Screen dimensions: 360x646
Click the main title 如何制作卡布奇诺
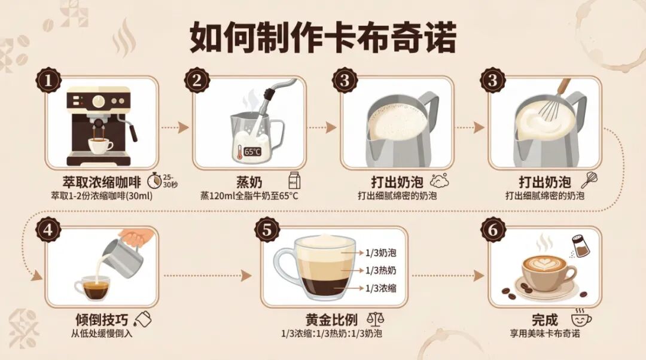(323, 38)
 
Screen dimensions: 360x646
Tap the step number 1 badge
(49, 81)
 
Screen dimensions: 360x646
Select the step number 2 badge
(197, 81)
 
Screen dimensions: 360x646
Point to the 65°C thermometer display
(252, 151)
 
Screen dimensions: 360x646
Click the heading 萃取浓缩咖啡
(102, 181)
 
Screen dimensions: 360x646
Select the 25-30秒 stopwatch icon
(156, 179)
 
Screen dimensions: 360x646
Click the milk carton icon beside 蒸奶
(293, 179)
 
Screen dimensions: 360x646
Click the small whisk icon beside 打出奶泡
(589, 179)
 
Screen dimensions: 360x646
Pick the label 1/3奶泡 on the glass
(380, 253)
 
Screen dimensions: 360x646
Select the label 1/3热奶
(380, 271)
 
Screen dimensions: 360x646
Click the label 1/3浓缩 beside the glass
(380, 288)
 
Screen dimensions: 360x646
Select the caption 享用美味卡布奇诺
(545, 333)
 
